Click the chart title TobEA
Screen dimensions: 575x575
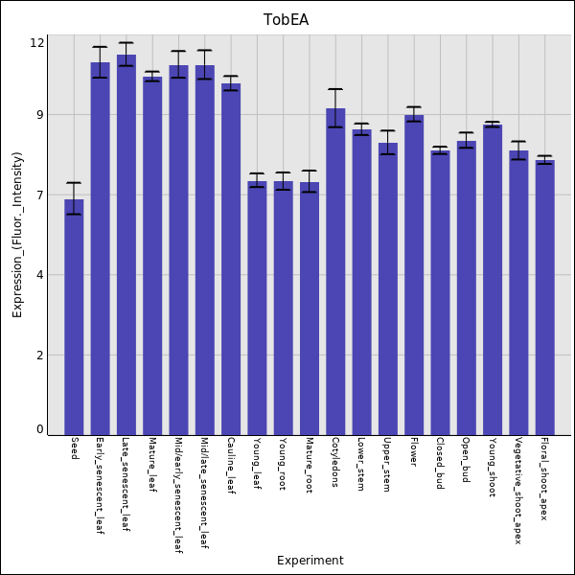[287, 20]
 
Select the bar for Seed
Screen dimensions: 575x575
[74, 316]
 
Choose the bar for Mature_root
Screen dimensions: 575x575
[310, 308]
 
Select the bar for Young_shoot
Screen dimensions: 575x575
[493, 279]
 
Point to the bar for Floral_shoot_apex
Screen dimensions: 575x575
[544, 297]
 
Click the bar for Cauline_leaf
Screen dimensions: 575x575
[231, 259]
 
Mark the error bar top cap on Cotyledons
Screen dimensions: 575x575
[335, 89]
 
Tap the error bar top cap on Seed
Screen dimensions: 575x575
[74, 182]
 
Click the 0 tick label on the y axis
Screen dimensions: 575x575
[39, 429]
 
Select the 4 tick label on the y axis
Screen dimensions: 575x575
[39, 275]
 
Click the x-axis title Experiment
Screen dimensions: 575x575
[310, 561]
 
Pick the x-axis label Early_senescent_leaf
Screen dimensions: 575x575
[100, 486]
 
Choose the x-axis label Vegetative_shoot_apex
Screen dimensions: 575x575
[518, 491]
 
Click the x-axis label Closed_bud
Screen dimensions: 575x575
[440, 464]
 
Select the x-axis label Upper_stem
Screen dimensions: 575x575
[387, 465]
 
